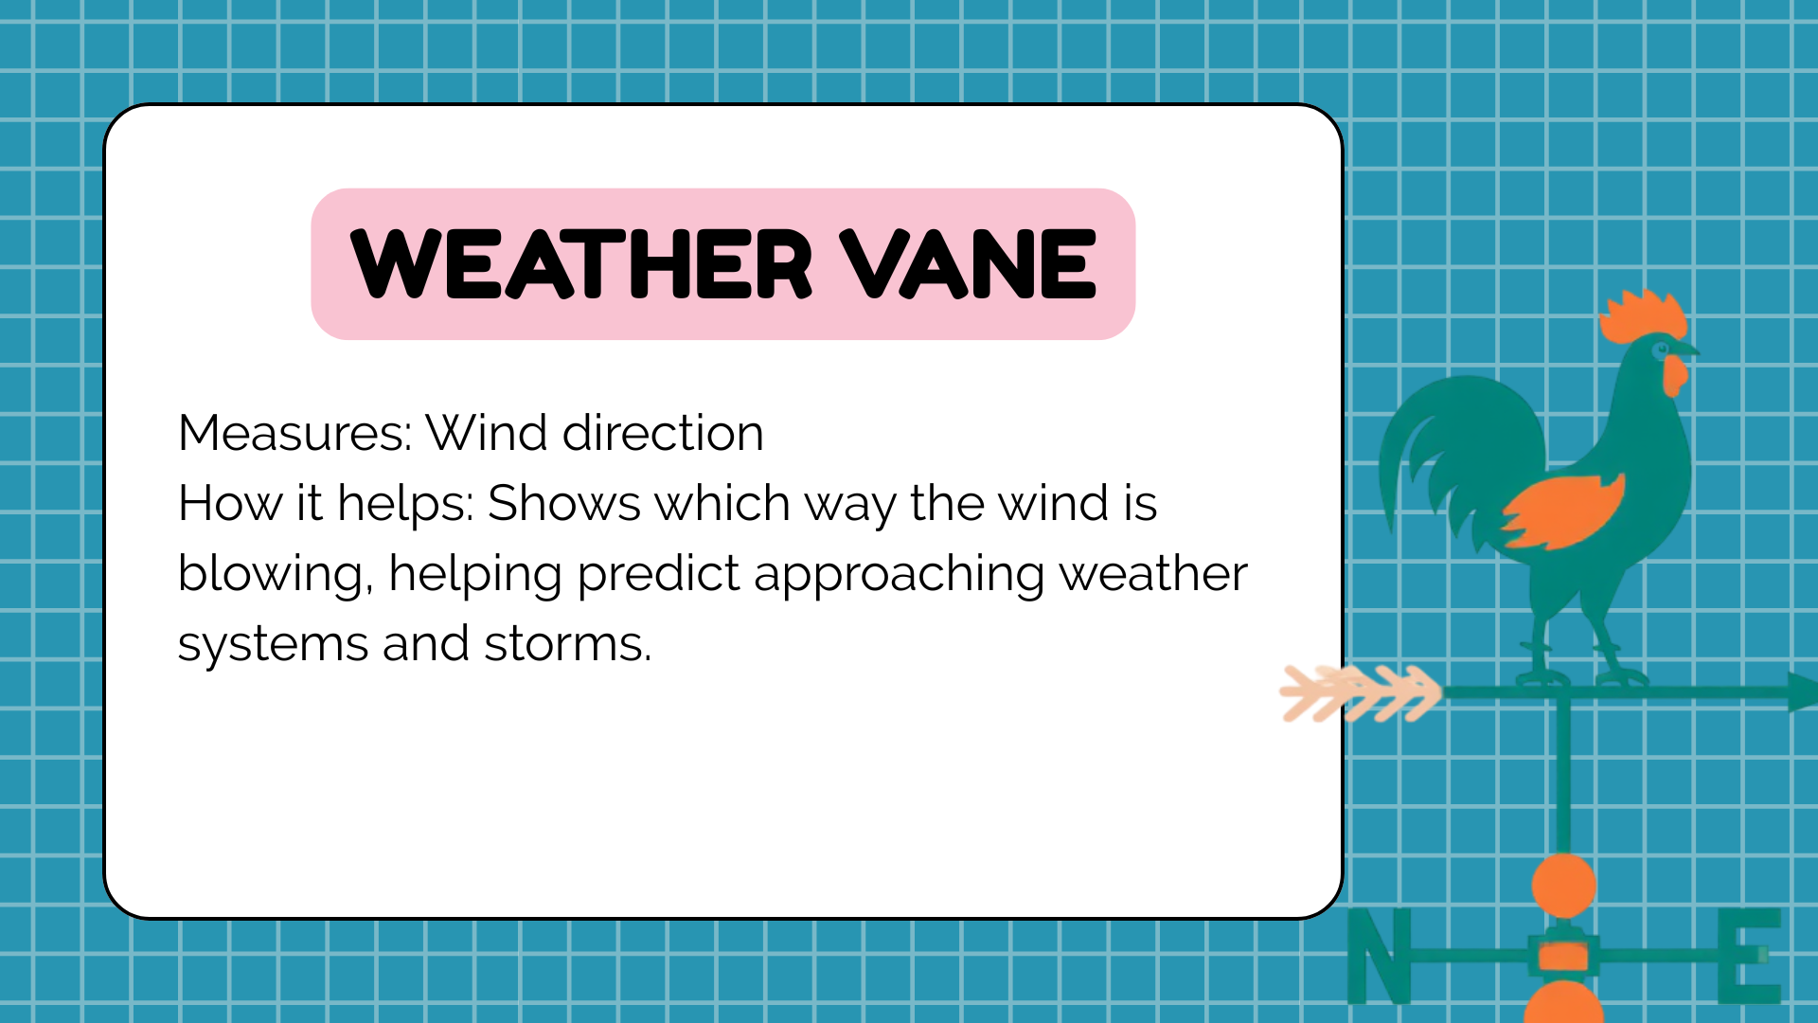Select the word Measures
tap(294, 433)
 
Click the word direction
tap(663, 433)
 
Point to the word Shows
tap(564, 503)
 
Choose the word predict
tap(658, 574)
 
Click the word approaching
tap(899, 574)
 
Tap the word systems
tap(273, 645)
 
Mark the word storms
tap(568, 644)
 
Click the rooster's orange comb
tap(1642, 316)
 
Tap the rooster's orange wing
tap(1562, 511)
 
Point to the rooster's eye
tap(1660, 350)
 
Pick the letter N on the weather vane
tap(1380, 955)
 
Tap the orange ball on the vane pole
tap(1563, 886)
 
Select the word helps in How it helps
tap(405, 503)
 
